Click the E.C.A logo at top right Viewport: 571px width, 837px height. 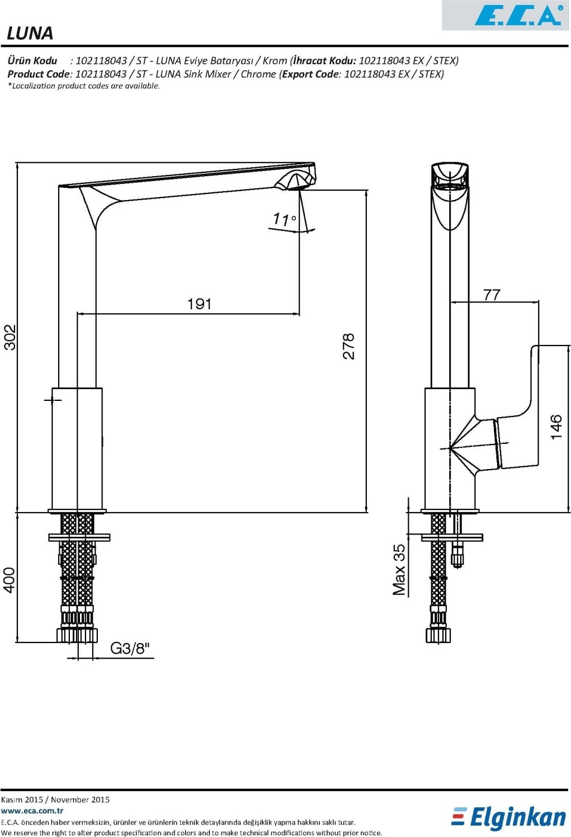pyautogui.click(x=518, y=16)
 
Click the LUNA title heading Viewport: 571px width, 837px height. pyautogui.click(x=30, y=33)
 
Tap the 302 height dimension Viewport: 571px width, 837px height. pyautogui.click(x=10, y=337)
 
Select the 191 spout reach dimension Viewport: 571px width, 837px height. pyautogui.click(x=200, y=304)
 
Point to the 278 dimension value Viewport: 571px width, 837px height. pyautogui.click(x=348, y=347)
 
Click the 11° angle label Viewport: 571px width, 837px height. pyautogui.click(x=285, y=219)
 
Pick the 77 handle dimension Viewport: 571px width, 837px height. pyautogui.click(x=492, y=295)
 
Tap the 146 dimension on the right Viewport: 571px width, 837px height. pyautogui.click(x=556, y=427)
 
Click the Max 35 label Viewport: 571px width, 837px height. pyautogui.click(x=399, y=569)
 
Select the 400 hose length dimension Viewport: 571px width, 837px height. pyautogui.click(x=9, y=580)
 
